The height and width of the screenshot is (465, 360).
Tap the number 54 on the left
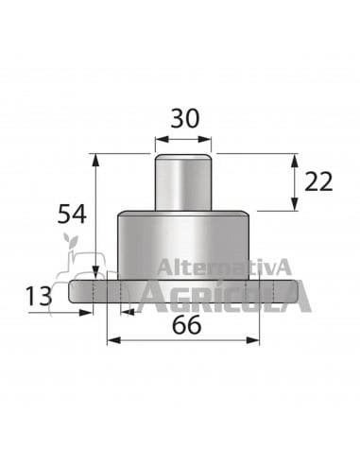72,214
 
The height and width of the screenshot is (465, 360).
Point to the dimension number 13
39,297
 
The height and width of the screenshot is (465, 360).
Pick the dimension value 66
186,325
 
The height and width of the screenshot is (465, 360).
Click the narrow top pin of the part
181,181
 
